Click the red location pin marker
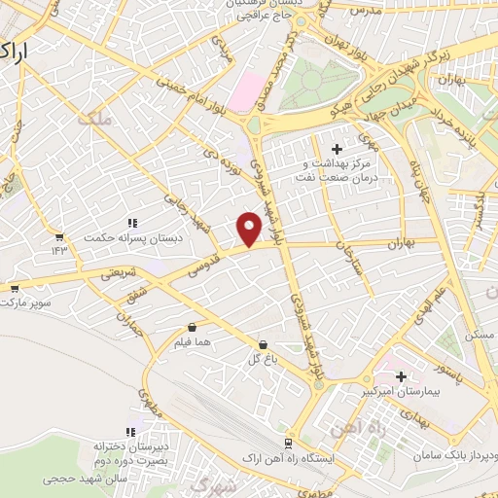(250, 229)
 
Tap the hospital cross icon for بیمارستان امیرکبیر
(400, 374)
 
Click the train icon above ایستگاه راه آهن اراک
(288, 442)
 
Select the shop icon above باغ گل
(263, 344)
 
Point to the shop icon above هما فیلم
(191, 327)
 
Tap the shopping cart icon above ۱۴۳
(60, 235)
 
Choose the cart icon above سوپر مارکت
(15, 288)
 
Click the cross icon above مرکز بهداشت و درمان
(337, 149)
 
